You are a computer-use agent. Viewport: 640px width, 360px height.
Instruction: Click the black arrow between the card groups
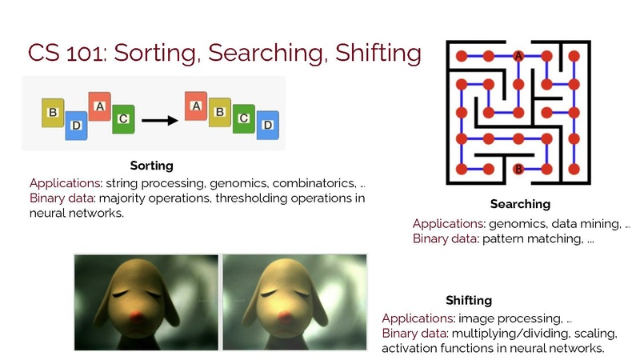[159, 121]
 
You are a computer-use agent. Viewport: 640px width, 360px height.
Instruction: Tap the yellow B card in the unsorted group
[53, 113]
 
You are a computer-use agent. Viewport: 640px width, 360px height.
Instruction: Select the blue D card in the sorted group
[268, 125]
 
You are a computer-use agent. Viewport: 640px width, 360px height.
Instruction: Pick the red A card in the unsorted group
[99, 106]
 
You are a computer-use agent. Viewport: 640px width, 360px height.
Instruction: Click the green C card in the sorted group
[244, 118]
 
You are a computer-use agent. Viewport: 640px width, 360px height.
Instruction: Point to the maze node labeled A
[518, 56]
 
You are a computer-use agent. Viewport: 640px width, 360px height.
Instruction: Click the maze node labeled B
[518, 169]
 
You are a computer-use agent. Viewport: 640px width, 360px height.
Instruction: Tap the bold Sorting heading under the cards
[152, 166]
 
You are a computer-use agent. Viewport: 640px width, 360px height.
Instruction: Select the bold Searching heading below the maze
[521, 204]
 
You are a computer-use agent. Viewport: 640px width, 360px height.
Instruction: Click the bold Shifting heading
[469, 301]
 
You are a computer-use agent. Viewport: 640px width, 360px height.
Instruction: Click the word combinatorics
[314, 183]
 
